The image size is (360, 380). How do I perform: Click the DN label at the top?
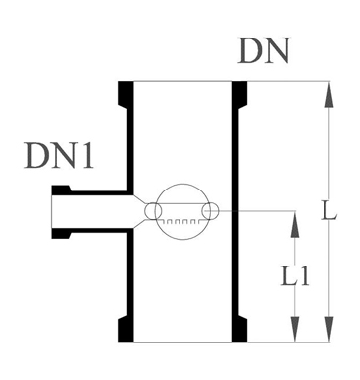click(264, 50)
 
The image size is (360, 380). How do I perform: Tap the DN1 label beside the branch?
click(58, 156)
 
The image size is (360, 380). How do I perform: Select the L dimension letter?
click(329, 211)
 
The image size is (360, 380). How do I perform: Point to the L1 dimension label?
click(295, 275)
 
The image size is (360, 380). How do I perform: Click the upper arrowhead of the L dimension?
click(329, 94)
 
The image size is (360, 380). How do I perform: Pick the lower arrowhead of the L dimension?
click(329, 330)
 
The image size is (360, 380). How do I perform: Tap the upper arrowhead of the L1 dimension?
click(295, 224)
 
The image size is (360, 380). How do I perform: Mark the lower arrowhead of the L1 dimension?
click(295, 330)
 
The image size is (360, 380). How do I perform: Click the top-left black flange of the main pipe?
click(126, 93)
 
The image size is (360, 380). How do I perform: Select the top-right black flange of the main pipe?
click(239, 93)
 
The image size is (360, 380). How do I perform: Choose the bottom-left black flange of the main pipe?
click(126, 330)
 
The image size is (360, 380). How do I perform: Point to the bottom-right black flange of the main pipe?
click(239, 330)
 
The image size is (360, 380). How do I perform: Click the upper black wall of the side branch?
click(92, 190)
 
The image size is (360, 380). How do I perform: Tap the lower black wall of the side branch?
click(92, 233)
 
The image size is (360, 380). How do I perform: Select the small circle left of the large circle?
click(153, 211)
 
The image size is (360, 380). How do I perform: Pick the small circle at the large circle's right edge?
click(211, 211)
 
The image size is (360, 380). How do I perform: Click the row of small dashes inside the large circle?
click(181, 221)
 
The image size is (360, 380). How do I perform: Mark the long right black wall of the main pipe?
click(235, 212)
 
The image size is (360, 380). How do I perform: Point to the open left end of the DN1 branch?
click(52, 212)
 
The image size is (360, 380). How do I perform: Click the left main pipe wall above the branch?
click(130, 148)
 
